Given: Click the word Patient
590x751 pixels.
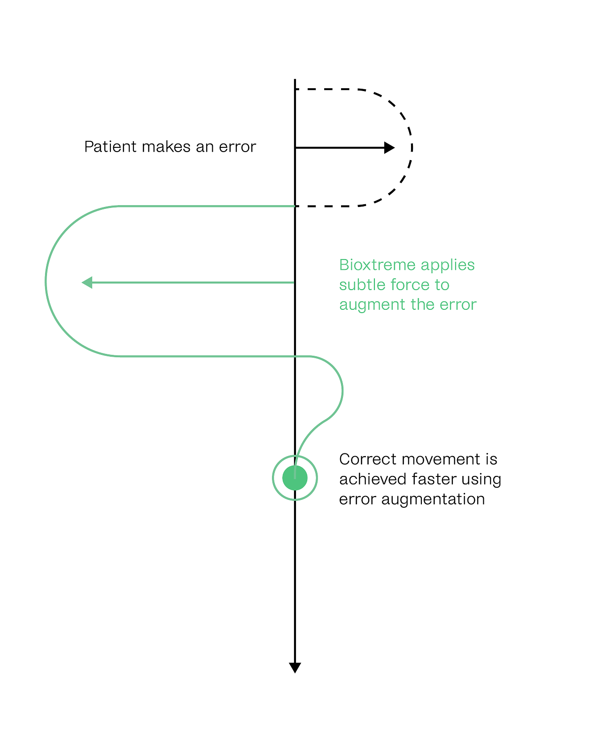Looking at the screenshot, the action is (x=110, y=147).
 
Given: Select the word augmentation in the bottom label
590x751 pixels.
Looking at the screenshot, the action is (x=433, y=499).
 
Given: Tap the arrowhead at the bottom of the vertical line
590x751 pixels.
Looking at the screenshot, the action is (x=295, y=667).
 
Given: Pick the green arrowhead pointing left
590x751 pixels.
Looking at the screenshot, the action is (x=87, y=283).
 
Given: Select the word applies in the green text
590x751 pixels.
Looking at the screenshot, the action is (x=447, y=265).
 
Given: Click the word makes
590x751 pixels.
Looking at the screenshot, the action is (x=166, y=147).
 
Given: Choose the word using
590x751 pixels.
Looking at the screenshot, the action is (x=482, y=479).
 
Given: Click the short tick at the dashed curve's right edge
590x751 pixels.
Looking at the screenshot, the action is (x=412, y=148).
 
